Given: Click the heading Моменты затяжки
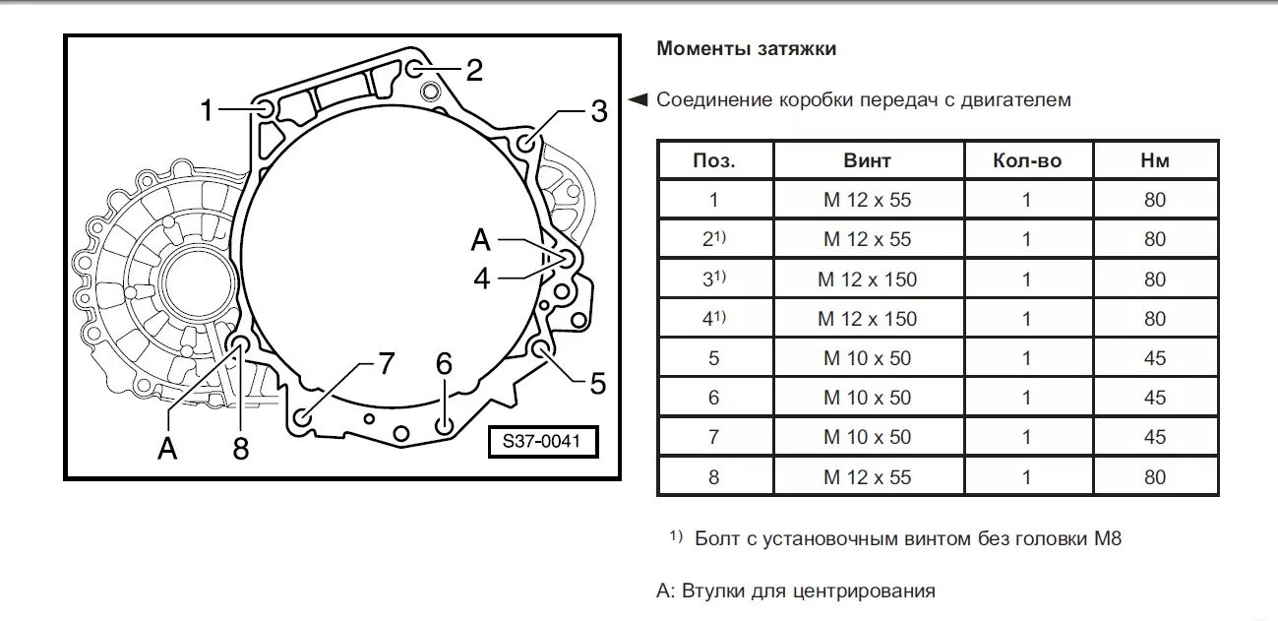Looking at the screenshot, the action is click(746, 48).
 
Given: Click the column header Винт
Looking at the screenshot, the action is click(868, 160).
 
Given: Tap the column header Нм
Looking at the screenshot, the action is click(1155, 160).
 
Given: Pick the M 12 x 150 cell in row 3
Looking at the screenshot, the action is click(868, 279).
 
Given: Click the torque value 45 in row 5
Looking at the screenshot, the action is click(1155, 358).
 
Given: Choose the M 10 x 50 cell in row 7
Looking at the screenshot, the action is click(868, 437).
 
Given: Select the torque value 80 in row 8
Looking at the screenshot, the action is click(1155, 477).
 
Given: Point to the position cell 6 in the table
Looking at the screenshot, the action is click(714, 398).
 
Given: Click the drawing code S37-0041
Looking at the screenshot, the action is click(542, 442).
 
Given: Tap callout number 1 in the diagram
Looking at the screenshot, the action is click(207, 111).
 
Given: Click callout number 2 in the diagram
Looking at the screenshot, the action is click(474, 70).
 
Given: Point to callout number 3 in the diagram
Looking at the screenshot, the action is click(599, 111).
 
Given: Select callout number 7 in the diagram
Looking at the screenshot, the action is click(386, 364).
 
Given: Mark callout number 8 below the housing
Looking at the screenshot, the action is click(241, 449).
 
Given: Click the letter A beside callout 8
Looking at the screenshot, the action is click(168, 449).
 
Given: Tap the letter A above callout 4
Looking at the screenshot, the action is click(481, 239).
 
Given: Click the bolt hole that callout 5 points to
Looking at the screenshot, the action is click(540, 348).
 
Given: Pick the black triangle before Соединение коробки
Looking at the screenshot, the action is click(639, 99).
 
